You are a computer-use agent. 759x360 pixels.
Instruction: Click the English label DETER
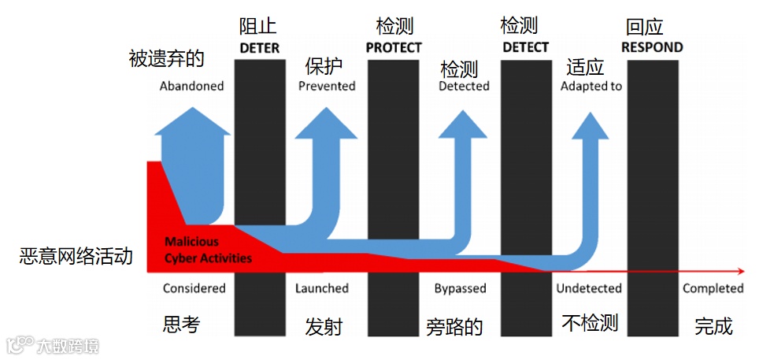259,48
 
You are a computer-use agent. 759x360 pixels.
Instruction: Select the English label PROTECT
394,48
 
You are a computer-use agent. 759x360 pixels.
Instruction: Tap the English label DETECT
525,48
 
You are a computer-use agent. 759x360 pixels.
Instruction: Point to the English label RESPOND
652,48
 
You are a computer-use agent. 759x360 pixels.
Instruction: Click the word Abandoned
191,86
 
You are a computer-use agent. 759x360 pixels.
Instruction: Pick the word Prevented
327,86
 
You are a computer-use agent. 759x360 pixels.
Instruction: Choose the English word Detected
464,86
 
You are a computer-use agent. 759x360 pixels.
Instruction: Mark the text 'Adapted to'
591,86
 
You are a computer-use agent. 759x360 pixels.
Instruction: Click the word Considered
194,288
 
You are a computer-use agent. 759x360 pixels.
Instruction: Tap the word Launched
321,288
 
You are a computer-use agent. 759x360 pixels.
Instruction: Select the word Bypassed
460,288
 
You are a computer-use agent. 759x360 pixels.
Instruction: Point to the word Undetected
589,288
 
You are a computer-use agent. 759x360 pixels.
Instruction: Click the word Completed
713,288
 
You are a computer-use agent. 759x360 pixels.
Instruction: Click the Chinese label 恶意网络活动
76,257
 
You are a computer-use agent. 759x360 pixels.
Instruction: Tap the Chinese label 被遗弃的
166,58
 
